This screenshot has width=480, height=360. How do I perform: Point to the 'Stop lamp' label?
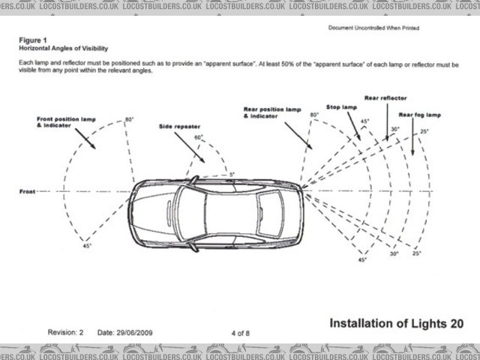coord(341,107)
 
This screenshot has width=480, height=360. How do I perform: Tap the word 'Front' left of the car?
coord(27,192)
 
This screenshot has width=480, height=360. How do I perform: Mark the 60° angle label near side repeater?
coord(199,138)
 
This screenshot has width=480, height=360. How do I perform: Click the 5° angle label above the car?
coord(232,174)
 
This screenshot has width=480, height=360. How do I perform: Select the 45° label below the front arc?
coord(87,247)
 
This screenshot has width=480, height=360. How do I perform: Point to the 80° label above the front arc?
coord(129,120)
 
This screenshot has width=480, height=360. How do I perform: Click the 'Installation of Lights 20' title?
coord(396,322)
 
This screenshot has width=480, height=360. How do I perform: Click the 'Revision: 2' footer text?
coord(66,331)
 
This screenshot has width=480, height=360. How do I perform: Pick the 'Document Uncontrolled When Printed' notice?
coord(373,28)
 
